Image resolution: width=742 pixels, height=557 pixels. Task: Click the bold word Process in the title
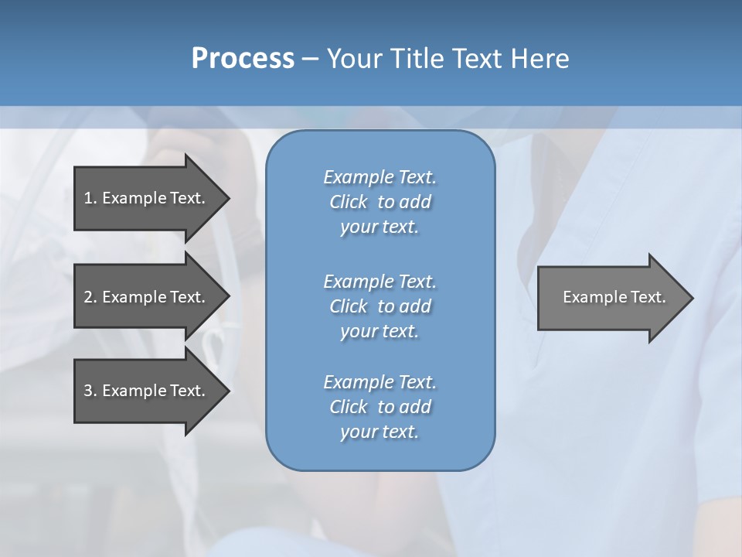243,59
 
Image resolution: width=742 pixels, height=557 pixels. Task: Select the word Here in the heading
540,59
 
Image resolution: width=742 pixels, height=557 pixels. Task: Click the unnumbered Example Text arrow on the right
611,297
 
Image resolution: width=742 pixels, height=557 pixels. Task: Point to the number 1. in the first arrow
90,198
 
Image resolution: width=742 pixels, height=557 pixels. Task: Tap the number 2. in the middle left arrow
90,297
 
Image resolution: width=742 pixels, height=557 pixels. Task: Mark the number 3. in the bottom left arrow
90,391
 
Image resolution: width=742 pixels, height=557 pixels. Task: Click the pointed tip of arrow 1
225,198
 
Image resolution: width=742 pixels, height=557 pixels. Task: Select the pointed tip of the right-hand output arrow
689,298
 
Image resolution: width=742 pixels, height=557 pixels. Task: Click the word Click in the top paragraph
348,203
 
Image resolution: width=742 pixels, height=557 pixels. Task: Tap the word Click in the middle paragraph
348,306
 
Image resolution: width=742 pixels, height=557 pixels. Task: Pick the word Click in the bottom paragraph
348,407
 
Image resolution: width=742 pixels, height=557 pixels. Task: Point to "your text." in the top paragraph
380,227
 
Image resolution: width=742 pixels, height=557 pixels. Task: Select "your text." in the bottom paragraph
380,432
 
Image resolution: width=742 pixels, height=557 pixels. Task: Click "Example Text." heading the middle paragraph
380,281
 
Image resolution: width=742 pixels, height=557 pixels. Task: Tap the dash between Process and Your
311,59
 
